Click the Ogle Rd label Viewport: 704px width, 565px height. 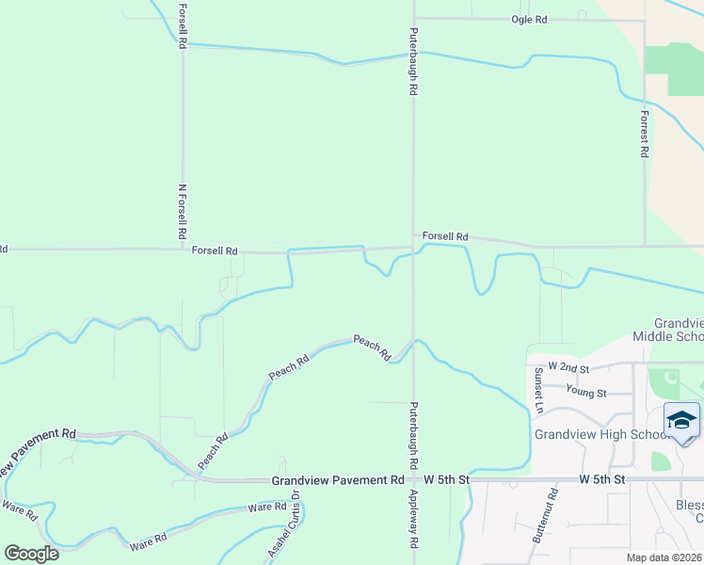[529, 19]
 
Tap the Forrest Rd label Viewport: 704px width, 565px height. [645, 134]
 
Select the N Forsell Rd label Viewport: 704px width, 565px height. [182, 209]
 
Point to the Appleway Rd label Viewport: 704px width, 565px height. [412, 520]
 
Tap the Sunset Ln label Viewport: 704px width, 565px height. [539, 390]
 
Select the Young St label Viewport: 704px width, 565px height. [585, 392]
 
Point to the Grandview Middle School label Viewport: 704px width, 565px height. [668, 329]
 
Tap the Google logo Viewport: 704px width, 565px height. [31, 553]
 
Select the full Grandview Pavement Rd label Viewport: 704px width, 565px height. [338, 480]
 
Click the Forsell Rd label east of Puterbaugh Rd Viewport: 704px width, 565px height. [445, 236]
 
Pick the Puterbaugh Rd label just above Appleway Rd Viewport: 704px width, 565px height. [412, 437]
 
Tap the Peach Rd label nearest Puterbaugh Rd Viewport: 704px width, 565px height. [373, 347]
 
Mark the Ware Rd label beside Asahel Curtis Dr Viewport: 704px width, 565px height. [266, 508]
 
